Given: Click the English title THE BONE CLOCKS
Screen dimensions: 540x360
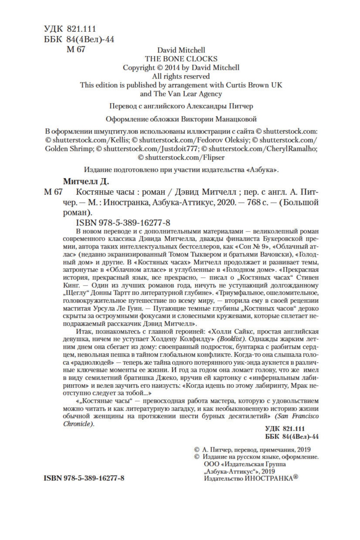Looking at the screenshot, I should tap(181, 59).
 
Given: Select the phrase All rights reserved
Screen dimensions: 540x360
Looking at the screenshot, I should tap(181, 76).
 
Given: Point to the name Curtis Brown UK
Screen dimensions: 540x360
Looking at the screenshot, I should tap(254, 85).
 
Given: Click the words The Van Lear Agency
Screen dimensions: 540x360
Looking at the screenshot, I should tap(188, 94).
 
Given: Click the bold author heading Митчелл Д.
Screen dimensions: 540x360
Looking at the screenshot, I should tap(85, 181).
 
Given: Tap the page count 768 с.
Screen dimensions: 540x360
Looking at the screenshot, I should tap(256, 202).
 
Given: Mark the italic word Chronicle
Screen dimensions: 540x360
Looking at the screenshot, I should tap(78, 424).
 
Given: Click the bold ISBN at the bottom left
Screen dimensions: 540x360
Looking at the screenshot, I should tap(84, 478).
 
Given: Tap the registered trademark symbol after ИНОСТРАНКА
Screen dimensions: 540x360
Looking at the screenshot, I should tap(296, 477).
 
